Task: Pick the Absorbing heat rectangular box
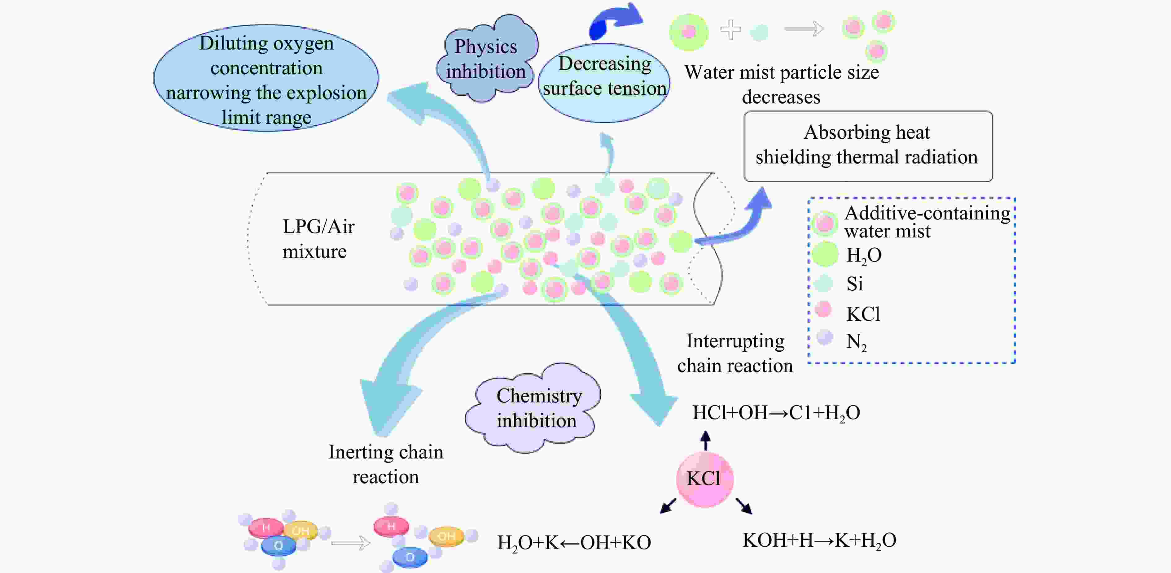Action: point(868,145)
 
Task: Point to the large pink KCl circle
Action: point(704,479)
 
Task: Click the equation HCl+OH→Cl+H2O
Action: point(775,413)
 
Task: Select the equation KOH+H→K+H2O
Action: point(819,540)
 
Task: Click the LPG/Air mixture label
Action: point(318,239)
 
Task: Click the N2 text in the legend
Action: point(856,342)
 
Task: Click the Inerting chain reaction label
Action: point(385,464)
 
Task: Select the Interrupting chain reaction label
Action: point(735,353)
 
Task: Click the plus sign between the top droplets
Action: point(730,30)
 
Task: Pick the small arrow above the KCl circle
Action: point(705,440)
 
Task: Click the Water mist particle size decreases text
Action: point(781,85)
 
